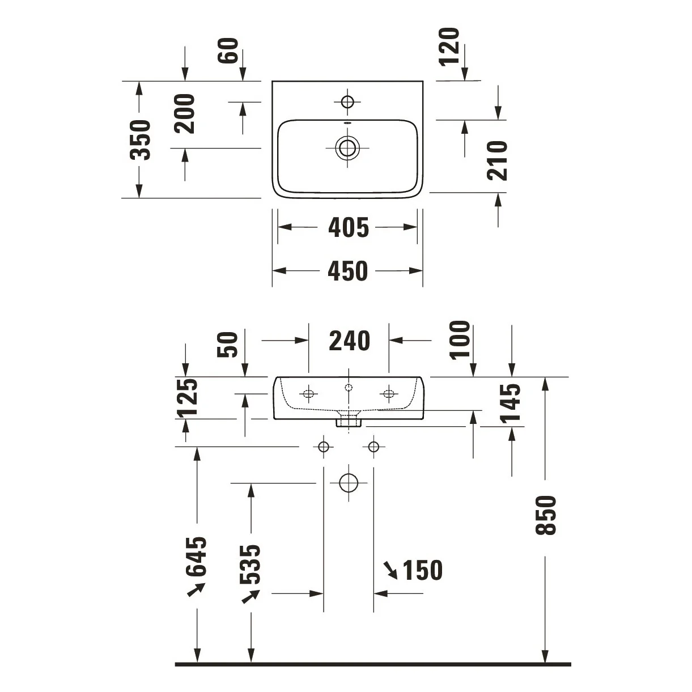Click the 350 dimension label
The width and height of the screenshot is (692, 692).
(x=139, y=139)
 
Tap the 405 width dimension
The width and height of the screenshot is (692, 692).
(x=349, y=228)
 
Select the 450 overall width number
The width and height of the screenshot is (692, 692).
(x=347, y=271)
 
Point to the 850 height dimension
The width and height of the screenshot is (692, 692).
(x=545, y=515)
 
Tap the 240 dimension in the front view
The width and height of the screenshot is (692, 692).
(x=349, y=341)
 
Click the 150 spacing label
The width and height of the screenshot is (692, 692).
(x=422, y=570)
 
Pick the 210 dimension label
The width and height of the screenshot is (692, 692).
(x=498, y=160)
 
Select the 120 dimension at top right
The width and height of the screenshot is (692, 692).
(x=449, y=46)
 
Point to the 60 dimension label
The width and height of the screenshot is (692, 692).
(x=228, y=50)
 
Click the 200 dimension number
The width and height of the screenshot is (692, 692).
(x=184, y=114)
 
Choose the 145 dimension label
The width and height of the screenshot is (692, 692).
(x=510, y=404)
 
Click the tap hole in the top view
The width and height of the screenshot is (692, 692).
(x=347, y=101)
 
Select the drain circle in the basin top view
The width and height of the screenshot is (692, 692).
(x=347, y=147)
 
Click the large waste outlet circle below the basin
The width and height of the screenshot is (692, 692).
(x=349, y=483)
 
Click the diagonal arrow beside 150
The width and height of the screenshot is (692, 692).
(x=390, y=571)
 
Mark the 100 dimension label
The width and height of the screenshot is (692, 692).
(x=460, y=339)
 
